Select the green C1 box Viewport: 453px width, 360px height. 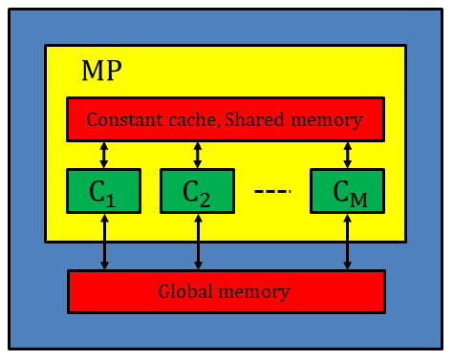tap(104, 192)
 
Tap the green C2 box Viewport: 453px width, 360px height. tap(197, 192)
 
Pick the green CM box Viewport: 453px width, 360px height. tap(347, 192)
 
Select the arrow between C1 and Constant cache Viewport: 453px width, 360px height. tap(104, 154)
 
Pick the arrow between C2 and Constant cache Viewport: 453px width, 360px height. tap(197, 154)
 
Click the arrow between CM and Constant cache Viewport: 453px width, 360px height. tap(347, 154)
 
